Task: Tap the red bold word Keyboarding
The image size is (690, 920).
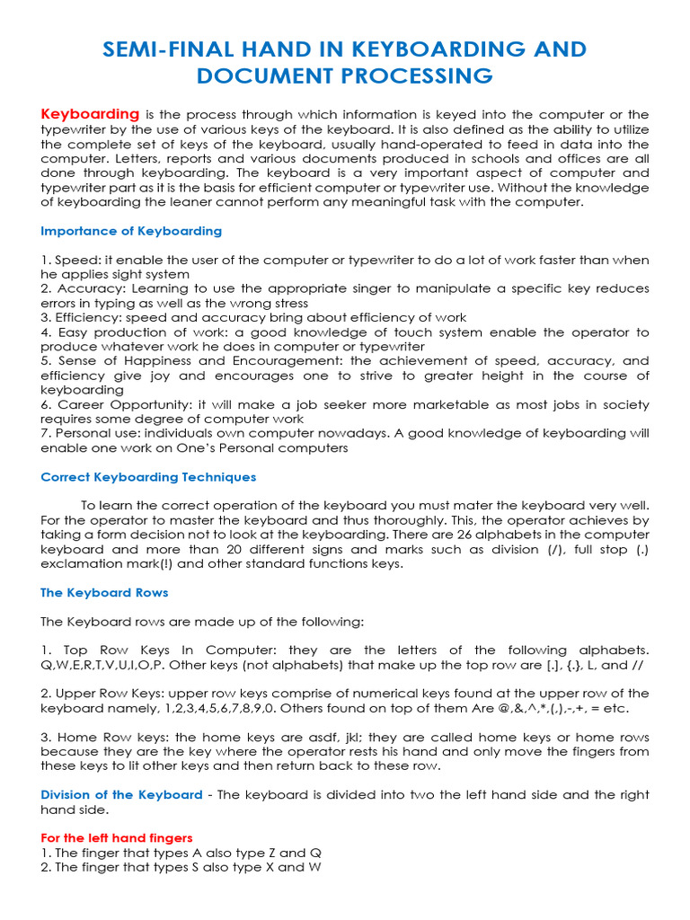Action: (x=90, y=114)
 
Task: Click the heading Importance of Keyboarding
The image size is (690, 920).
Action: (x=131, y=231)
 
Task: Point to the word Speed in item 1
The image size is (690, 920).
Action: (x=73, y=260)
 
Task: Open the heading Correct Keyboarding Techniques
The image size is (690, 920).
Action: (x=148, y=477)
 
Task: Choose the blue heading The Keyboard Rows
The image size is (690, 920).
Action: (x=104, y=593)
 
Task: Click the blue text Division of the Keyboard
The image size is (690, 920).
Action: (x=121, y=795)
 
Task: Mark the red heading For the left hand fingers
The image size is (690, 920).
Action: (x=117, y=837)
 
